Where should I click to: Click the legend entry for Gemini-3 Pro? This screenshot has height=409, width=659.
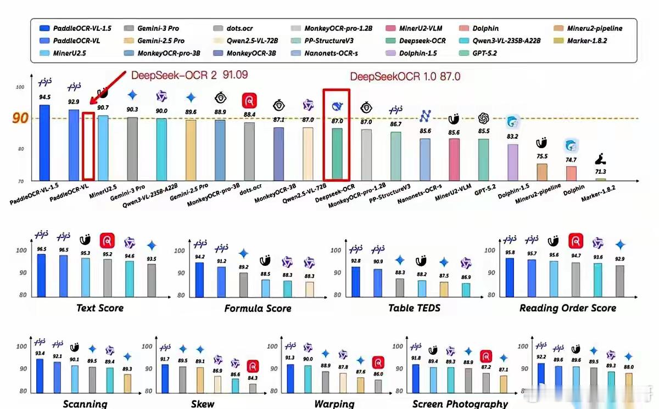pos(158,28)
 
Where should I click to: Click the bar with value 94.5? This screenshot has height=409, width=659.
pos(44,143)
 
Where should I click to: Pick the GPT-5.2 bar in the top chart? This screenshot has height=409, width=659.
pos(483,160)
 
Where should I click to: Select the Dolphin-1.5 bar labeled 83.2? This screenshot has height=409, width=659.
pos(512,162)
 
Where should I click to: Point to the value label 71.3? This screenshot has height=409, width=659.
pos(600,172)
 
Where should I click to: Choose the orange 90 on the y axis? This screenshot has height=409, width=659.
pos(20,118)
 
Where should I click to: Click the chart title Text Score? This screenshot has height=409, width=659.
pos(100,308)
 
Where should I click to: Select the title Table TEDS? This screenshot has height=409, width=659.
pos(414,308)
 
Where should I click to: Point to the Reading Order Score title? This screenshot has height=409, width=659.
pos(568,308)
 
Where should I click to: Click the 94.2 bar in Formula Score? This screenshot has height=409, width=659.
pos(199,280)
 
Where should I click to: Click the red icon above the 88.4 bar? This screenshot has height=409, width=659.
pos(249,100)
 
